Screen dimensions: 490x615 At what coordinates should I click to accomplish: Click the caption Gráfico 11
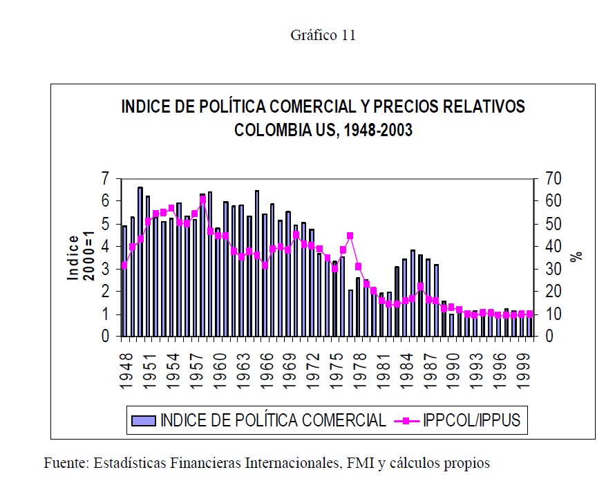click(323, 36)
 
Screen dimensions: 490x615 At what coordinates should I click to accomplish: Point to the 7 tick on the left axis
click(105, 179)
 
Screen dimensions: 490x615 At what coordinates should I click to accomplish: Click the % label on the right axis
click(576, 255)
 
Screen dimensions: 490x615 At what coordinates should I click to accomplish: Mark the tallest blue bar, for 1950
click(140, 263)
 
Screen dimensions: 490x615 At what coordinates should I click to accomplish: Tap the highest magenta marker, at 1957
click(202, 200)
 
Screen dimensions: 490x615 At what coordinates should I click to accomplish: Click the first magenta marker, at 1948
click(124, 265)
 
